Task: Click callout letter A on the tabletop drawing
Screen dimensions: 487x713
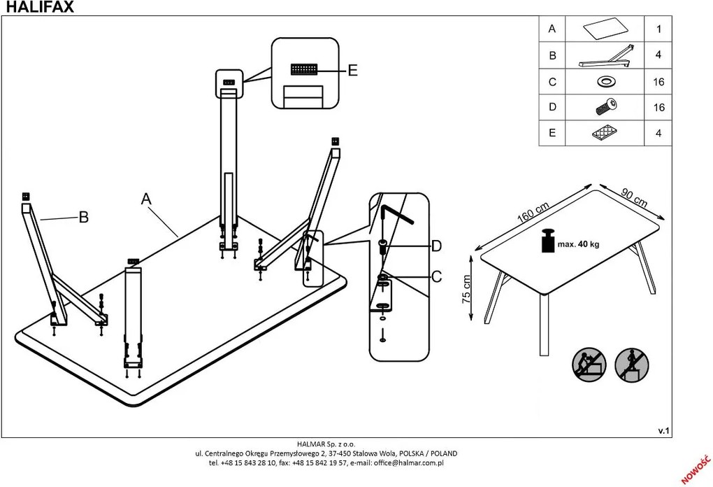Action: pyautogui.click(x=146, y=199)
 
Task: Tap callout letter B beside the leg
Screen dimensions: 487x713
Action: pyautogui.click(x=84, y=218)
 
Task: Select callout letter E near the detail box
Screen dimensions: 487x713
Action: pyautogui.click(x=352, y=70)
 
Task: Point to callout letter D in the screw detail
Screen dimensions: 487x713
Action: pyautogui.click(x=436, y=246)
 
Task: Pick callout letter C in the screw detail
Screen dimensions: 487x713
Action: pyautogui.click(x=436, y=277)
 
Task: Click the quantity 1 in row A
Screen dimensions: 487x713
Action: pyautogui.click(x=658, y=29)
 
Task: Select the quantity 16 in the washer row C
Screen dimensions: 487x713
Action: pyautogui.click(x=658, y=82)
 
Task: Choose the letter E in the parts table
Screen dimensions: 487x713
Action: pyautogui.click(x=552, y=133)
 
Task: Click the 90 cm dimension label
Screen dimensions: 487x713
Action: pyautogui.click(x=634, y=197)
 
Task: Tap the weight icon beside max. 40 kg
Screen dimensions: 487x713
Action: pyautogui.click(x=547, y=243)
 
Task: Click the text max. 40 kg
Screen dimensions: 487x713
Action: pyautogui.click(x=579, y=244)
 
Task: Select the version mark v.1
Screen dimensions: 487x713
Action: pyautogui.click(x=663, y=431)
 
